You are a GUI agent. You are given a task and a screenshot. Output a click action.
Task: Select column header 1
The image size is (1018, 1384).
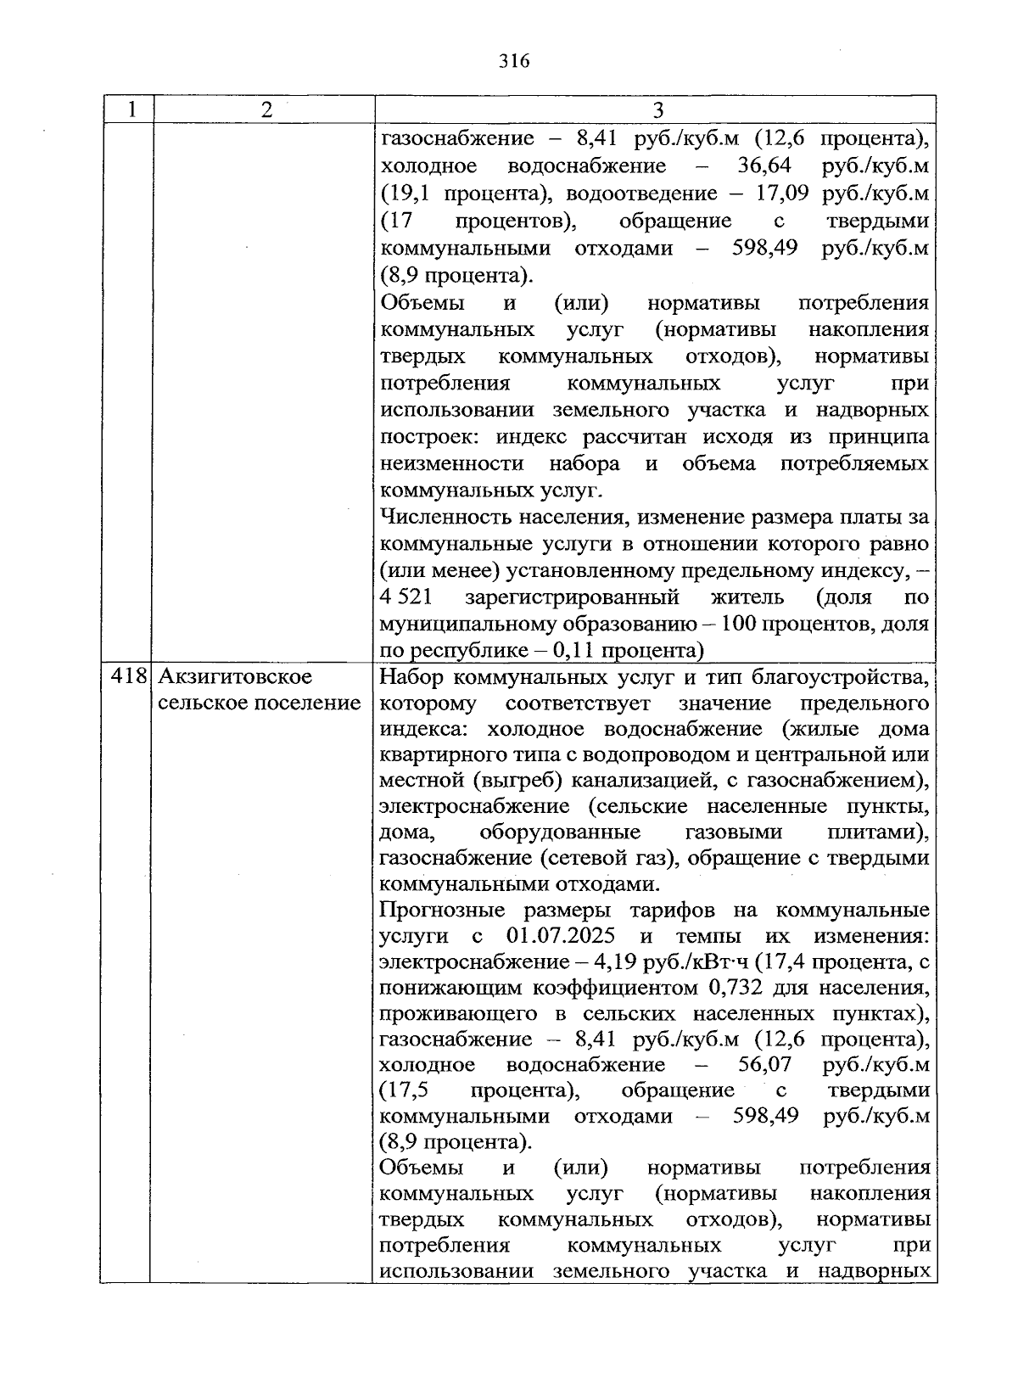click(131, 110)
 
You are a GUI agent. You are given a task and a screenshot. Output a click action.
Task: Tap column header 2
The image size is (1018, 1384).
click(266, 110)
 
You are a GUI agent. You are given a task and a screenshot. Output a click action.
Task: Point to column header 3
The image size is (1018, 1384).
click(657, 110)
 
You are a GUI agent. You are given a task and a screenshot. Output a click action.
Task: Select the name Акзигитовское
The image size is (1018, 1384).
click(235, 677)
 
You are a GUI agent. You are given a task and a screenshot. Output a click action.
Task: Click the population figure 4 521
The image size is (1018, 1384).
click(407, 597)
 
